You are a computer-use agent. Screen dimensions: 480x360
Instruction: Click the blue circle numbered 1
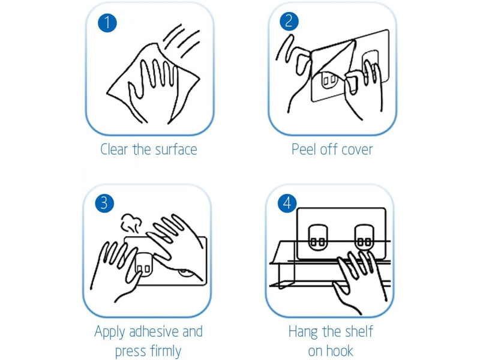107,23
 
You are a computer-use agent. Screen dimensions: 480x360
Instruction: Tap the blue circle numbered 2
289,21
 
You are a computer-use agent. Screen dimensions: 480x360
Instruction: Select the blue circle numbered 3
104,203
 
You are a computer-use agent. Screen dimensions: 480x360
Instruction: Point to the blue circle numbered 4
287,203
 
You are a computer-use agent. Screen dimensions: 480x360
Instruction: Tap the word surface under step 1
176,149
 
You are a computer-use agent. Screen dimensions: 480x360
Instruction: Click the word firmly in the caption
166,351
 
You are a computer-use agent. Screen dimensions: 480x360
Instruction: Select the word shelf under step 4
359,331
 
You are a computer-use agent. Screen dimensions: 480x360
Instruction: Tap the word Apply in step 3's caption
110,332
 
